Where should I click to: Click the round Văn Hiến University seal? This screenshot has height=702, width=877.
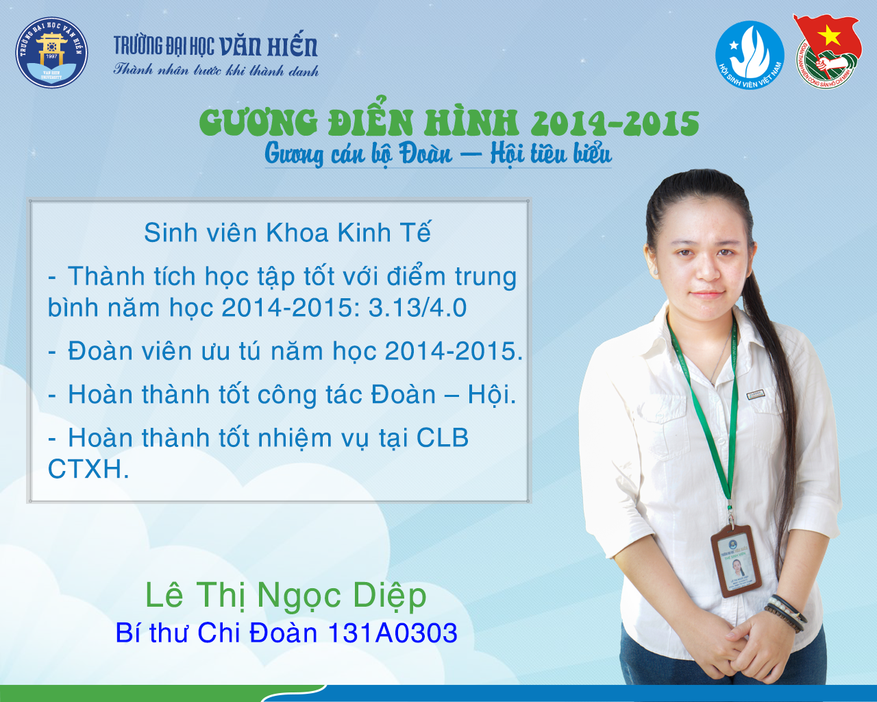coord(52,52)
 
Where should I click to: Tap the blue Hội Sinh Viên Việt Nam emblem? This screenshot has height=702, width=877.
coord(750,55)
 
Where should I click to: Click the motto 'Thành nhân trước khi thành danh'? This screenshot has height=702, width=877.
coord(216,70)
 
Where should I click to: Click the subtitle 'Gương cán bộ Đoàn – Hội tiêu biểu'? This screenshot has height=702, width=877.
coord(438,155)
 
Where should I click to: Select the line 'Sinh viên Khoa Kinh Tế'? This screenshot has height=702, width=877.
coord(287,232)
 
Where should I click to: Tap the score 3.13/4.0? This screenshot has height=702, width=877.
coord(418,308)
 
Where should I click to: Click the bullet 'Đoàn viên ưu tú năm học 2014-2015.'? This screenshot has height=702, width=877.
coord(285,351)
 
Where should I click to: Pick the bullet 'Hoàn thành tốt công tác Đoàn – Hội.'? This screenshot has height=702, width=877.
coord(282,395)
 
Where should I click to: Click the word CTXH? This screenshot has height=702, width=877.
coord(88,469)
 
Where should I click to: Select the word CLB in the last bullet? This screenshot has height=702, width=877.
coord(443,437)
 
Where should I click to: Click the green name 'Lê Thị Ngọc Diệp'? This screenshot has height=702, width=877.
coord(286,596)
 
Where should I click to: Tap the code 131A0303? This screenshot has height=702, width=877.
coord(393,633)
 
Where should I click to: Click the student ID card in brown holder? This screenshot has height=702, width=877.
coord(736,561)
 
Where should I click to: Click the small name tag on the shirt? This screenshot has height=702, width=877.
coord(755,394)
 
